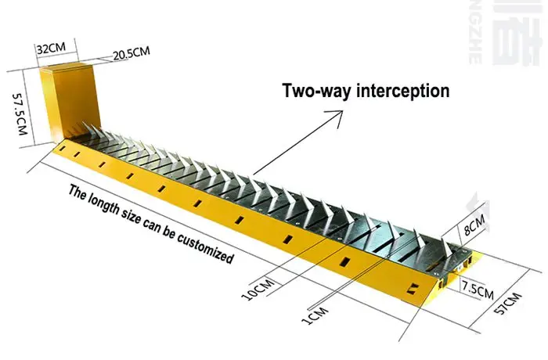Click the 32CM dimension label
(50, 48)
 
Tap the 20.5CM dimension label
(131, 54)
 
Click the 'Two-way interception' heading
(366, 91)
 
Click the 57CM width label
(510, 308)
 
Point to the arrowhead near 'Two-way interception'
(338, 114)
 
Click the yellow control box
(68, 102)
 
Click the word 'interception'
(402, 91)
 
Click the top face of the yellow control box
(69, 67)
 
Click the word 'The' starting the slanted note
(78, 190)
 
